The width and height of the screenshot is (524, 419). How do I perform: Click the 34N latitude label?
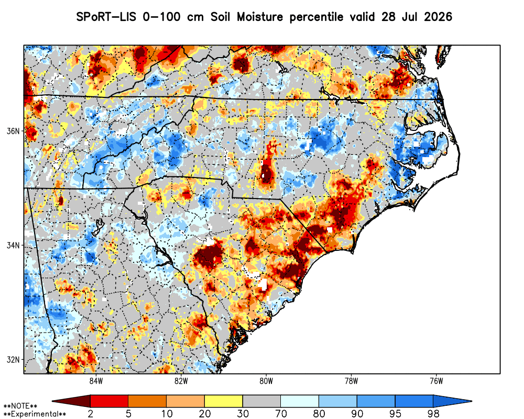13,245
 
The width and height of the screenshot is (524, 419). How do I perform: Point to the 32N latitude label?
13,359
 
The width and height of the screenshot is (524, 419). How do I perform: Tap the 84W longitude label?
96,381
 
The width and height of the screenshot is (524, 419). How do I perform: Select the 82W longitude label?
181,381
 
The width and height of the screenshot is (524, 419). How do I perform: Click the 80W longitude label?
266,381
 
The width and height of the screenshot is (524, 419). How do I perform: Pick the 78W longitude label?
351,381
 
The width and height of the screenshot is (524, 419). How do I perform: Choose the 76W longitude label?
436,381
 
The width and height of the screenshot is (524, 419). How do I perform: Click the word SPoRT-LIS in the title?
106,17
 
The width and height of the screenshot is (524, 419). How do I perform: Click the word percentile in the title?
316,17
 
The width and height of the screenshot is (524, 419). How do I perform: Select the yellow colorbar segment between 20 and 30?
224,401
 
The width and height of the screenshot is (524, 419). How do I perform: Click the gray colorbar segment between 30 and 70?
261,401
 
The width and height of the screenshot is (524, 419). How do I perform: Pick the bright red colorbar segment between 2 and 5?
110,401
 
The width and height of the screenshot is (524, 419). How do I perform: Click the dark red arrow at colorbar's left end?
71,401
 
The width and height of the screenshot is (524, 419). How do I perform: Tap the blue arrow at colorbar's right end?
453,401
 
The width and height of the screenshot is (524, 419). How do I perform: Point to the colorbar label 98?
433,414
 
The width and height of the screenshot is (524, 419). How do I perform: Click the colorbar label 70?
281,414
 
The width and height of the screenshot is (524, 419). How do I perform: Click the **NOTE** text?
20,406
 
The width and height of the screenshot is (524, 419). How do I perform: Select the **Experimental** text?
35,414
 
